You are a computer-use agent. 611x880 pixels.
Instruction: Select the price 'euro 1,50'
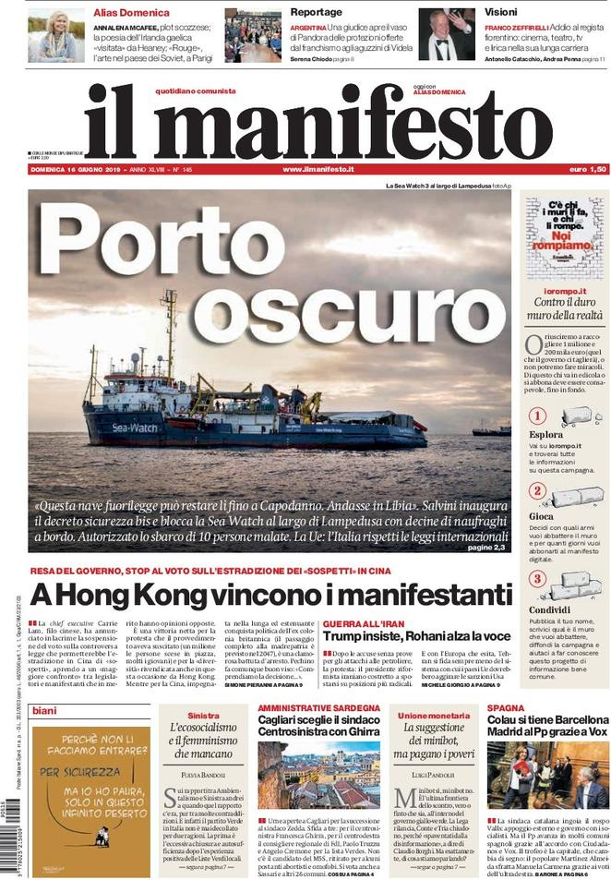click(x=587, y=170)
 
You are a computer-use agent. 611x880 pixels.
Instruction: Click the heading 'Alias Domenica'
click(x=132, y=13)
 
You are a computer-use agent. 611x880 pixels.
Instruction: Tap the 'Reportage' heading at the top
click(x=316, y=12)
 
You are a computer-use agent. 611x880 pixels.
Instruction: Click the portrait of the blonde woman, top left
click(x=56, y=36)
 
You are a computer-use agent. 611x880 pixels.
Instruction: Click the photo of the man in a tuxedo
click(x=447, y=36)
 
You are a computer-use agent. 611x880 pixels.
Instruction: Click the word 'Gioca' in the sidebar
click(x=542, y=518)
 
